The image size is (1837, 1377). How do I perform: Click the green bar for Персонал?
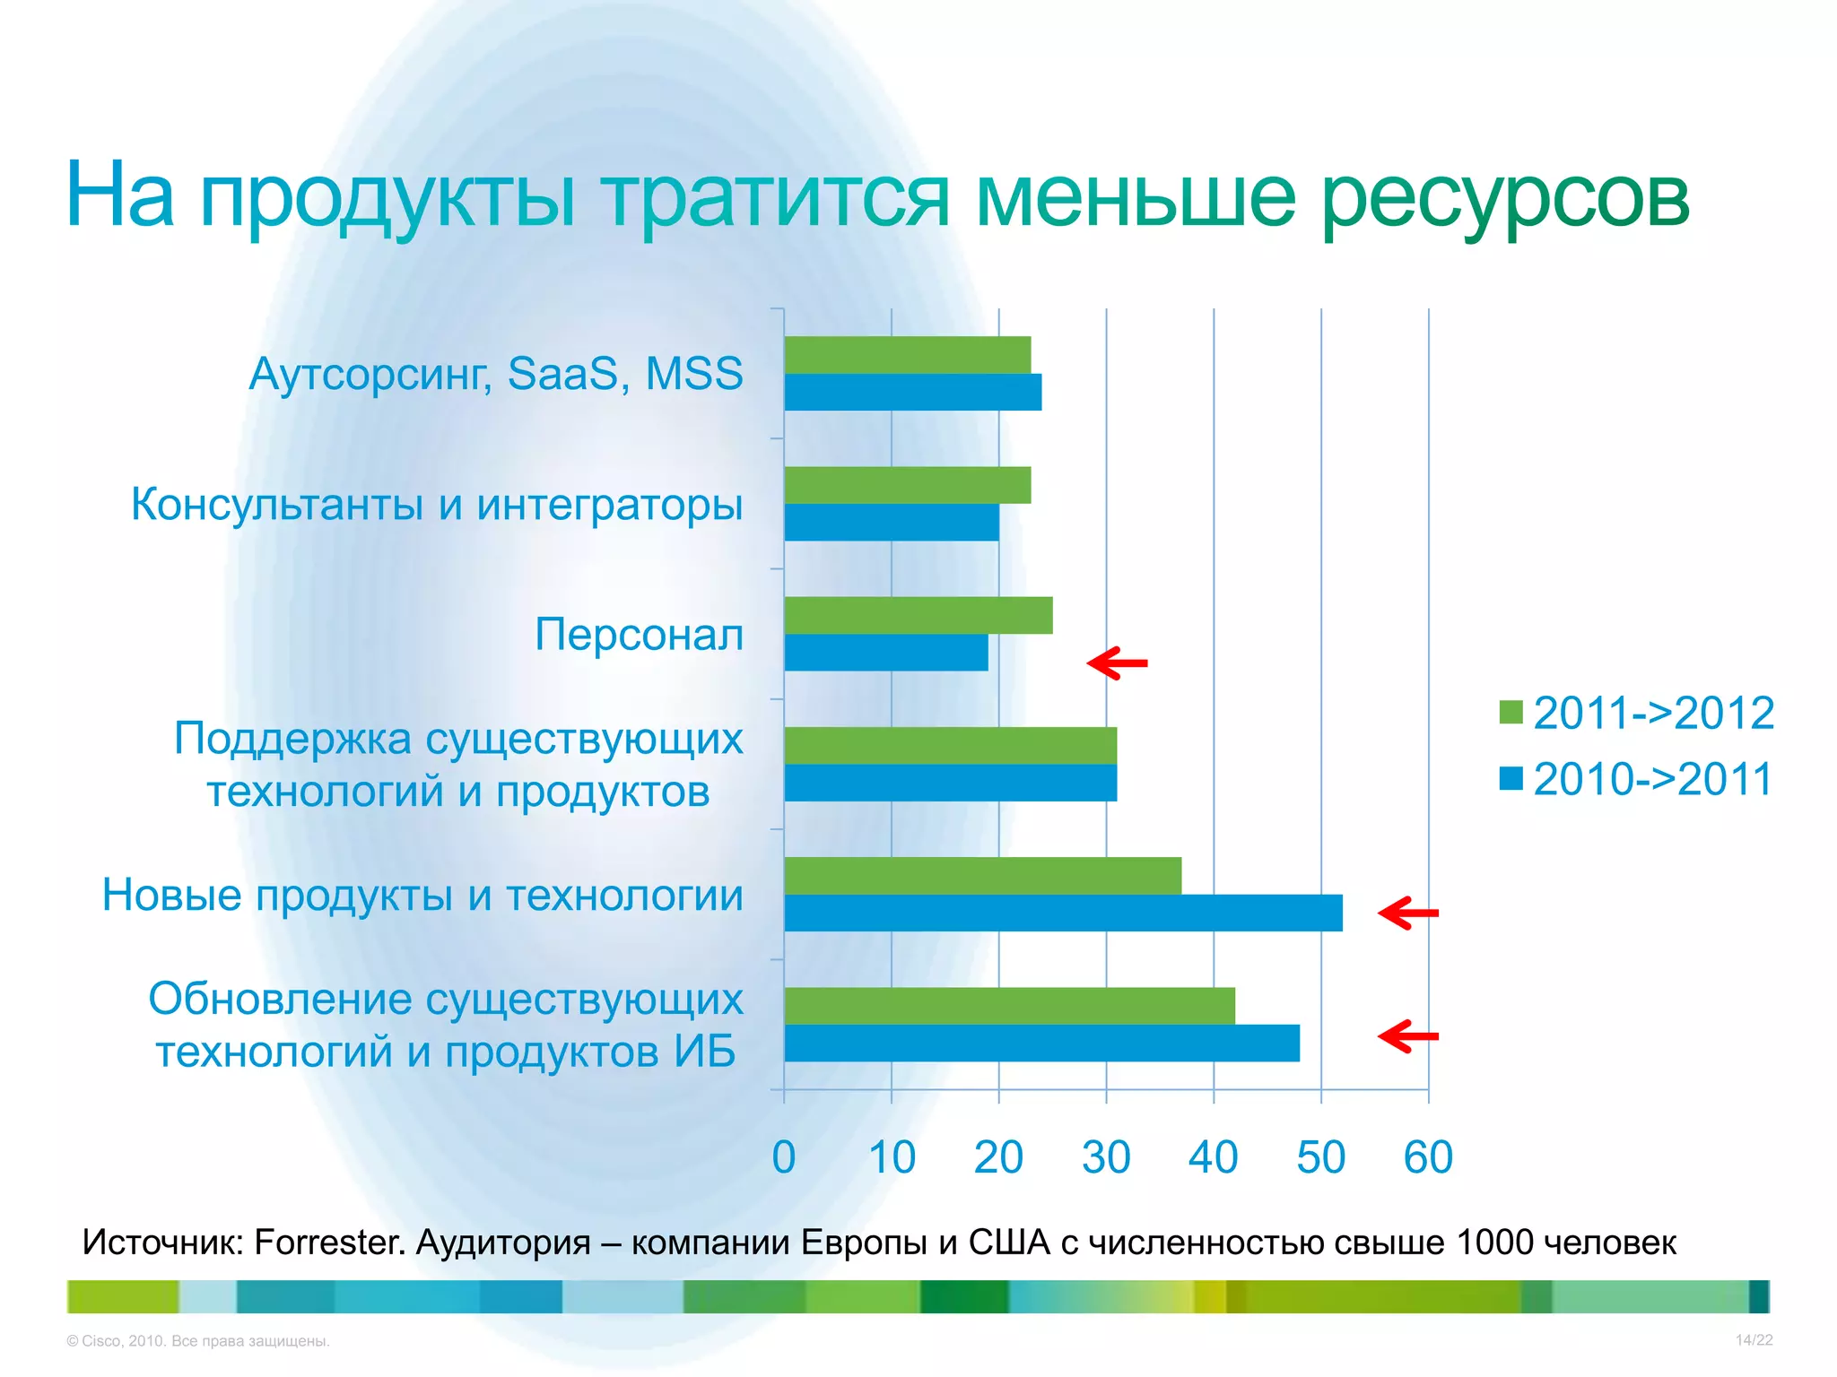pos(918,615)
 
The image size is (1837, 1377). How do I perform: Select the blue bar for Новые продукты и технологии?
pos(1063,913)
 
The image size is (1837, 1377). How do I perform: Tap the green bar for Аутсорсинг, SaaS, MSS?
pos(907,355)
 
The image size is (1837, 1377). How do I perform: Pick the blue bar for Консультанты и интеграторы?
pos(891,523)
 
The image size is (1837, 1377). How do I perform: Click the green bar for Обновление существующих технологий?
pos(1009,1006)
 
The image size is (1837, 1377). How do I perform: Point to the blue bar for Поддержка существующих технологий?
pos(950,783)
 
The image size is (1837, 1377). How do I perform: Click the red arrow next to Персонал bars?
pos(1117,663)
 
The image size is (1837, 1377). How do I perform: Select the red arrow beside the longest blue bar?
pos(1408,913)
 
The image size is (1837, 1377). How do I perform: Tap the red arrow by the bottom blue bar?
pos(1408,1036)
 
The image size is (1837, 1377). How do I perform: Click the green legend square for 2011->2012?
pos(1511,712)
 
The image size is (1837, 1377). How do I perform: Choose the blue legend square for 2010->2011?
pos(1511,778)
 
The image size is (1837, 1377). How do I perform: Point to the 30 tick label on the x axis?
pos(1106,1157)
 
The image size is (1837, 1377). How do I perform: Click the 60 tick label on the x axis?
pos(1428,1157)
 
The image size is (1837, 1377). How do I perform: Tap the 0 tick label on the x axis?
pos(784,1157)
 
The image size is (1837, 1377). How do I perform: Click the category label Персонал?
pos(639,635)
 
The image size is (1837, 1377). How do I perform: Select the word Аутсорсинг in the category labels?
pos(370,375)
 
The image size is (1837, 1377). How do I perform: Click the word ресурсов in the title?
pos(1505,199)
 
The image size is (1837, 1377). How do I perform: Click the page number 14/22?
pos(1754,1340)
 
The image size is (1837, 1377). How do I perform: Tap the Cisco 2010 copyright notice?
pos(198,1341)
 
